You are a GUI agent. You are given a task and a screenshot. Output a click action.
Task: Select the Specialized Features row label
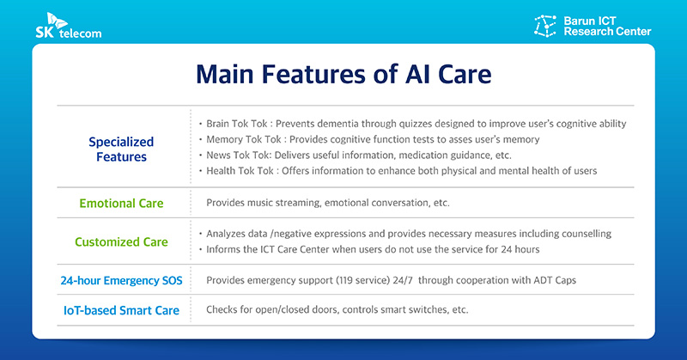[x=121, y=149]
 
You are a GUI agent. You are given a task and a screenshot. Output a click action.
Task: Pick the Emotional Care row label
[x=121, y=204]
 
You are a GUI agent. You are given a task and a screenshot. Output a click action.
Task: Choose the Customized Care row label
[x=121, y=241]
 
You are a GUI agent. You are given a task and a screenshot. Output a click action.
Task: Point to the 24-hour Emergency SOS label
[x=120, y=280]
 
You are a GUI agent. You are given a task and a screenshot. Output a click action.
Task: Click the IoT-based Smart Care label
[x=120, y=310]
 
